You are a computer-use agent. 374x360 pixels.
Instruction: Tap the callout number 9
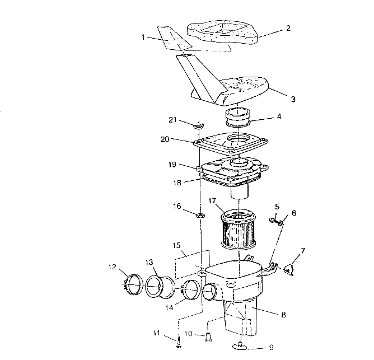pyautogui.click(x=271, y=347)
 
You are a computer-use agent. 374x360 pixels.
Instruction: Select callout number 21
pyautogui.click(x=174, y=120)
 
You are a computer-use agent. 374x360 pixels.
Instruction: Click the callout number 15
pyautogui.click(x=177, y=245)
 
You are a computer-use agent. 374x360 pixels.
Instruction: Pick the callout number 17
pyautogui.click(x=213, y=201)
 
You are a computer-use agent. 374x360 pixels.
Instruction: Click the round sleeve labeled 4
pyautogui.click(x=240, y=120)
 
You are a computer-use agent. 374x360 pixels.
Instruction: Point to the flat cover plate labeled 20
pyautogui.click(x=230, y=144)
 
